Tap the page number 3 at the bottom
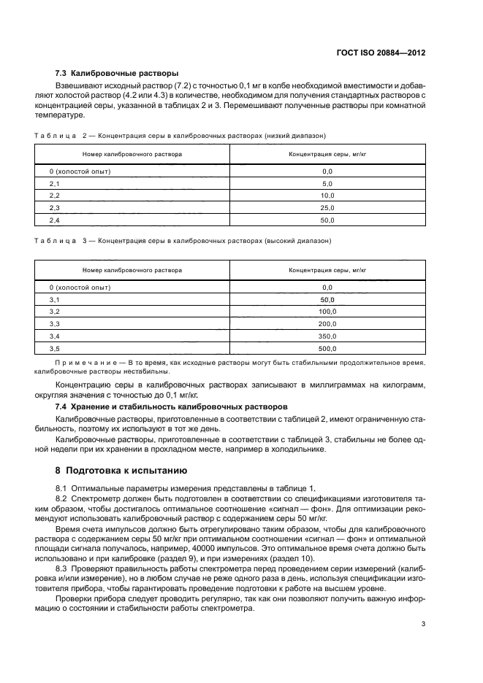click(423, 622)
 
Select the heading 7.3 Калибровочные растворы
click(117, 74)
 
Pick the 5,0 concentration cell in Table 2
click(327, 183)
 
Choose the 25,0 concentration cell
click(327, 208)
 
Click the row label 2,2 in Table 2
click(54, 196)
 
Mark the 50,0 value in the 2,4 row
click(327, 220)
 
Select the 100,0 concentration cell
click(327, 312)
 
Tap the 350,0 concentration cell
click(327, 336)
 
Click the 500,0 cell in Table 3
click(327, 349)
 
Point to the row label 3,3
click(54, 324)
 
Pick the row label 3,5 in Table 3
click(54, 349)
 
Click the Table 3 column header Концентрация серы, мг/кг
click(327, 270)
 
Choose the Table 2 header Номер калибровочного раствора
click(132, 154)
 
